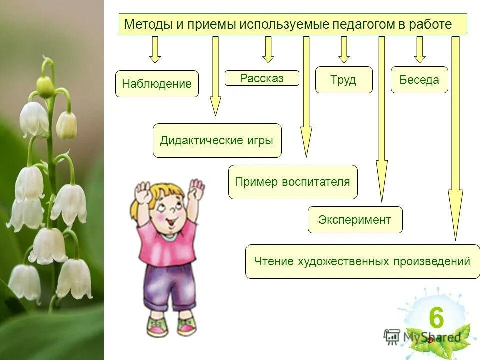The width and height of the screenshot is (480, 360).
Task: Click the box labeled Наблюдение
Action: coord(157,84)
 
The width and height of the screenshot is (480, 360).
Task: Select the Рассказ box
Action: coord(262,78)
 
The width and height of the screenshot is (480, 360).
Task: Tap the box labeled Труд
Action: coord(344,80)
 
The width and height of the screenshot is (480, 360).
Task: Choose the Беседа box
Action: coord(419,80)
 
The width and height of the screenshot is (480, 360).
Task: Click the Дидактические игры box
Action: coord(217,140)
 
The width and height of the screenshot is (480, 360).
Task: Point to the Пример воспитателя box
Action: coord(293,182)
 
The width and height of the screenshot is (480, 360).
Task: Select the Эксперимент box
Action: coord(355,220)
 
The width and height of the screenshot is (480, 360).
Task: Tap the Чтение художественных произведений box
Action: coord(362,261)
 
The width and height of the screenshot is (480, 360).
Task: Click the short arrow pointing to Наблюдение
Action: coord(155,50)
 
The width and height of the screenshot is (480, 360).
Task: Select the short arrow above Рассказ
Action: coord(268,50)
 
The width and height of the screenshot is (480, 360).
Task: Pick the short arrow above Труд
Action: coord(344,50)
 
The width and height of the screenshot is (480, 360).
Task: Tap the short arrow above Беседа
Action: coord(420,50)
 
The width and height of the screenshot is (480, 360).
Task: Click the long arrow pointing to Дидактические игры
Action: coord(215,75)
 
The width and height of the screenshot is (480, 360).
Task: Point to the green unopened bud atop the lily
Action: coord(45,87)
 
